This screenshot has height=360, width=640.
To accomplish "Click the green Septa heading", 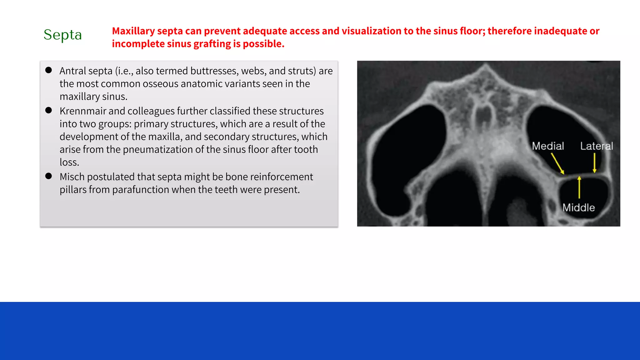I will click(62, 35).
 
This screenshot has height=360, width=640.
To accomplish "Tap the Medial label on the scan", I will click(548, 146).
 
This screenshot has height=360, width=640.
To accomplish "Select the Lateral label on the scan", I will click(596, 146).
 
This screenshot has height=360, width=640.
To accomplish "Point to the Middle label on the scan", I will click(578, 207).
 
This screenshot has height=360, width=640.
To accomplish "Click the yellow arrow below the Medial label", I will click(557, 163).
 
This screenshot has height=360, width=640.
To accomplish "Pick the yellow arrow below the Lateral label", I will click(594, 162).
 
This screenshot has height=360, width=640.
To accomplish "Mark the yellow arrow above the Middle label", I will click(579, 187).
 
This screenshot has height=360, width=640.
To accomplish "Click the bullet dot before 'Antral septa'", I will click(48, 70).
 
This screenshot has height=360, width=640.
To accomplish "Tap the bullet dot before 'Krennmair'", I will click(48, 110).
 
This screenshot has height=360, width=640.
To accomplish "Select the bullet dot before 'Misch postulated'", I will click(48, 176).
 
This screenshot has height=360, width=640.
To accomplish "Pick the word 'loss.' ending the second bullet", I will click(69, 162).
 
